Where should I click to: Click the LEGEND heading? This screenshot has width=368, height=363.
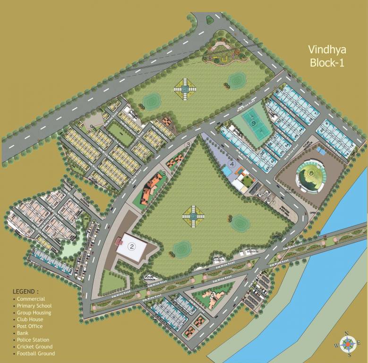[26, 291]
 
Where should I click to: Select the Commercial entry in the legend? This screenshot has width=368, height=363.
[31, 299]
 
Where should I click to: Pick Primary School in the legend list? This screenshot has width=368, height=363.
[34, 306]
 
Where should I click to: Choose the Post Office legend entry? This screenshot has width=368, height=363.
[29, 326]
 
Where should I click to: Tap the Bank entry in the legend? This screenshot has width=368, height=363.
[23, 333]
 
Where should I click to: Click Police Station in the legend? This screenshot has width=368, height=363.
[33, 340]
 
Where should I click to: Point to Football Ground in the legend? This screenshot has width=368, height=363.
[35, 354]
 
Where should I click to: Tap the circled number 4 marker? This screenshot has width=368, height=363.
[231, 164]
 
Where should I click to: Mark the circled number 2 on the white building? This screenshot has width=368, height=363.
[132, 246]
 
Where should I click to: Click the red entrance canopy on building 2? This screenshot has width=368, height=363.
[119, 241]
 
